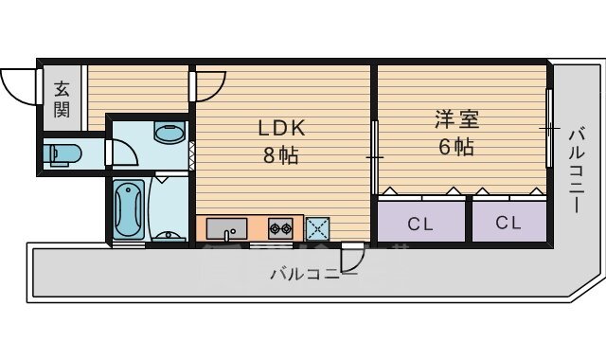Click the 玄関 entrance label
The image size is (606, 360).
(62, 99)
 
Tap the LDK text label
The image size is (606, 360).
(281, 129)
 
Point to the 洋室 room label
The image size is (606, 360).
(456, 120)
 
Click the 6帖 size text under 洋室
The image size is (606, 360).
(456, 148)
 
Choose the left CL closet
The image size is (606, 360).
(421, 224)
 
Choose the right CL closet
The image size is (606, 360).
(508, 224)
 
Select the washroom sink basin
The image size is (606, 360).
(169, 133)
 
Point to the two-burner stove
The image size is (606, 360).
(280, 228)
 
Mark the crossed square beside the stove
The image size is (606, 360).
(317, 228)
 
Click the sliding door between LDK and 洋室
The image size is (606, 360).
(376, 154)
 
